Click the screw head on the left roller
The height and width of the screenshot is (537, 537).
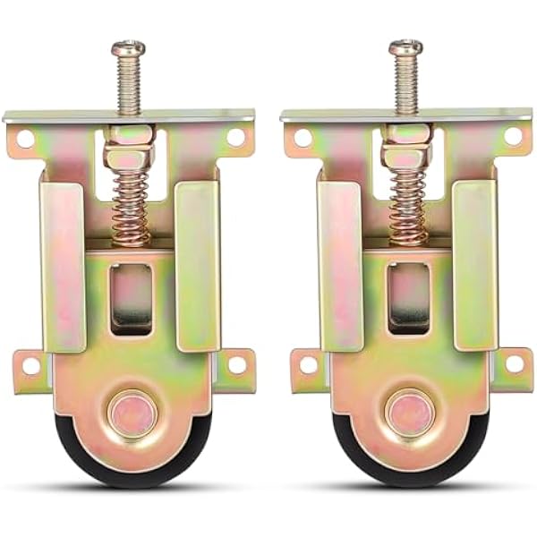pos(129,47)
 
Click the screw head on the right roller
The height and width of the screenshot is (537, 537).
pos(406,47)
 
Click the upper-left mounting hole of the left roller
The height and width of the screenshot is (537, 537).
pos(24,139)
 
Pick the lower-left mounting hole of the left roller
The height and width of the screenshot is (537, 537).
pos(30,365)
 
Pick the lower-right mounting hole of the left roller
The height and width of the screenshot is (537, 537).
pos(236,364)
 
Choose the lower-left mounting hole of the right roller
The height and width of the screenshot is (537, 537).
pos(308,365)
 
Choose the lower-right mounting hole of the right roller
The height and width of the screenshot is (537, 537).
pos(515,363)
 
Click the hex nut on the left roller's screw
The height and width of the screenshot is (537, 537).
pos(130,157)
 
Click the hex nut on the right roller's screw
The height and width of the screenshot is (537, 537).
pos(407,157)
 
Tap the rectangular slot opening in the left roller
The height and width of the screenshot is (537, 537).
pos(131,300)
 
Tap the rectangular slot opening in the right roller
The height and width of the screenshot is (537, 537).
pos(409,300)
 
